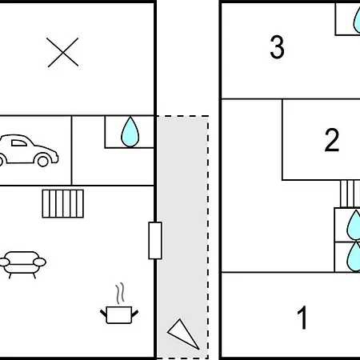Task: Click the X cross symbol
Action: pyautogui.click(x=63, y=52)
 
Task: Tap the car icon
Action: pyautogui.click(x=28, y=150)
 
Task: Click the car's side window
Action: pyautogui.click(x=19, y=143)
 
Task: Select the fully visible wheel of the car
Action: pyautogui.click(x=43, y=161)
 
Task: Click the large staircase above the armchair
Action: pyautogui.click(x=63, y=204)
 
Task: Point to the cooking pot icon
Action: pyautogui.click(x=119, y=314)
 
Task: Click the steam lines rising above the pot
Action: pyautogui.click(x=120, y=294)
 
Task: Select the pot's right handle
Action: pyautogui.click(x=135, y=314)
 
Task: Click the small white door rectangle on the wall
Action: pyautogui.click(x=155, y=241)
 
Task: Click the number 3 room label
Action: pyautogui.click(x=277, y=47)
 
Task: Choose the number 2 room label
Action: pyautogui.click(x=332, y=140)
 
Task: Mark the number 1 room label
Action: pyautogui.click(x=302, y=318)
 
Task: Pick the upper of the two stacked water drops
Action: pyautogui.click(x=354, y=226)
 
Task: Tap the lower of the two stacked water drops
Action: pyautogui.click(x=354, y=257)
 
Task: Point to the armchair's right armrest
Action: pyautogui.click(x=40, y=262)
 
